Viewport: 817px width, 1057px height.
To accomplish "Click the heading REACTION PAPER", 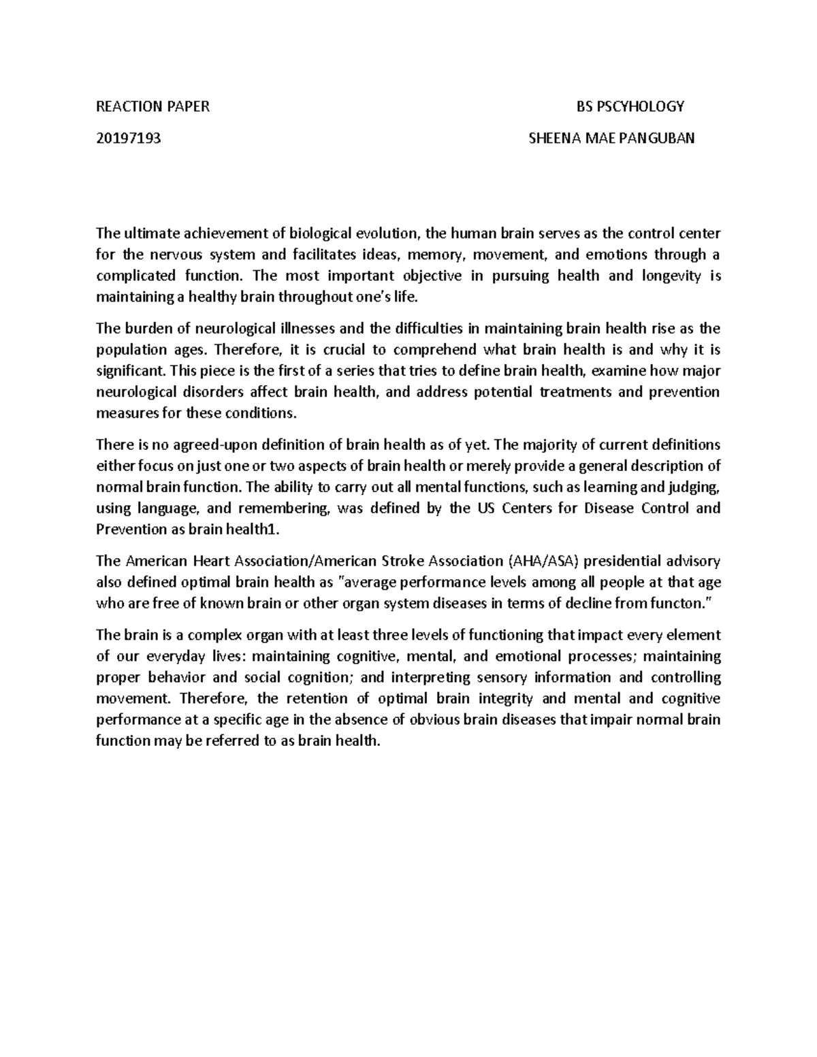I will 153,106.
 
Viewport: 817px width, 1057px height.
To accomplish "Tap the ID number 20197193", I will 129,139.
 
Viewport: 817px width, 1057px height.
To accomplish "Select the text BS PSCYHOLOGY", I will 630,106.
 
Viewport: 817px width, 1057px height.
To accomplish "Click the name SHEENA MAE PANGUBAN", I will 611,139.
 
